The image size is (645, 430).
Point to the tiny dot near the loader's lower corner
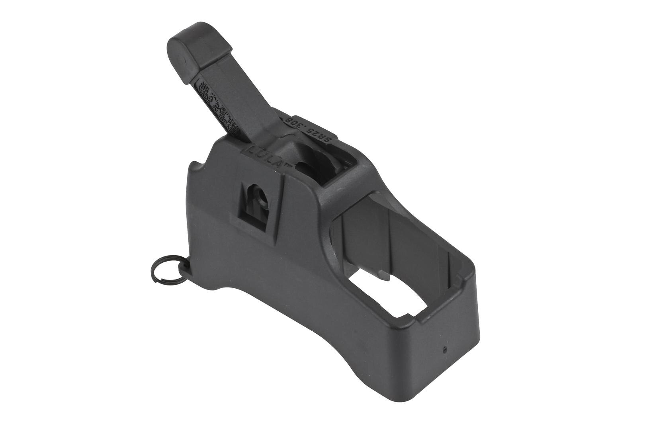[x=444, y=350]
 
